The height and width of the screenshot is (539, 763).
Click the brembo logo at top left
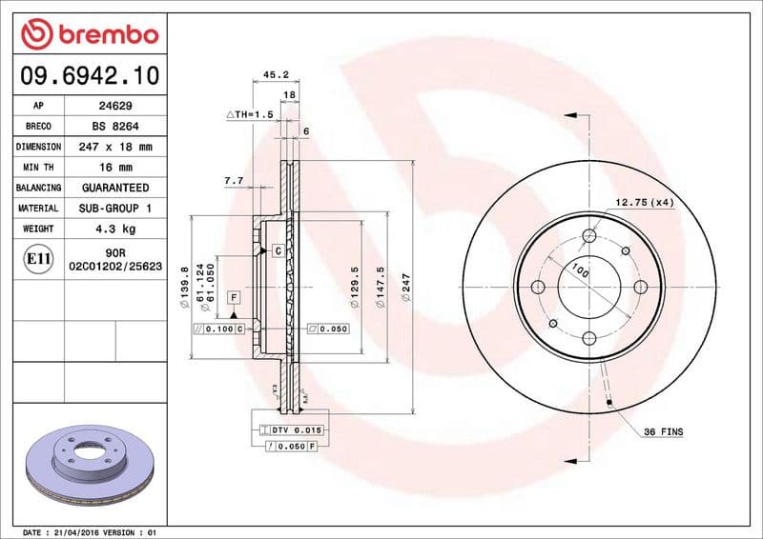tap(89, 35)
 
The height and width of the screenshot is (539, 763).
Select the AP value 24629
tap(115, 106)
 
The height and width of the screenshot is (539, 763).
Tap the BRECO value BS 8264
tap(115, 127)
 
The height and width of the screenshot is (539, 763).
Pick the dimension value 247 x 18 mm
tap(115, 148)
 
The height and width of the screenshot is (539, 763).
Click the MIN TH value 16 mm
tap(115, 168)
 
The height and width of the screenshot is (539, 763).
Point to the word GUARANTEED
tap(115, 189)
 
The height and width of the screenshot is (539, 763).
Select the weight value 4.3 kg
tap(115, 230)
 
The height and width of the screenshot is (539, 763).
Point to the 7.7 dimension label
tap(234, 180)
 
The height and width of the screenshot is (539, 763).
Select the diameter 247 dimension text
tap(406, 288)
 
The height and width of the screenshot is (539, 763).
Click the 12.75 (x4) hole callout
tap(644, 202)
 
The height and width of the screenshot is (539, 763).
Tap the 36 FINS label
tap(663, 432)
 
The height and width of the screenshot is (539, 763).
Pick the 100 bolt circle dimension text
tap(579, 270)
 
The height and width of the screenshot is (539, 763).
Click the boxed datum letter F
tap(234, 298)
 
